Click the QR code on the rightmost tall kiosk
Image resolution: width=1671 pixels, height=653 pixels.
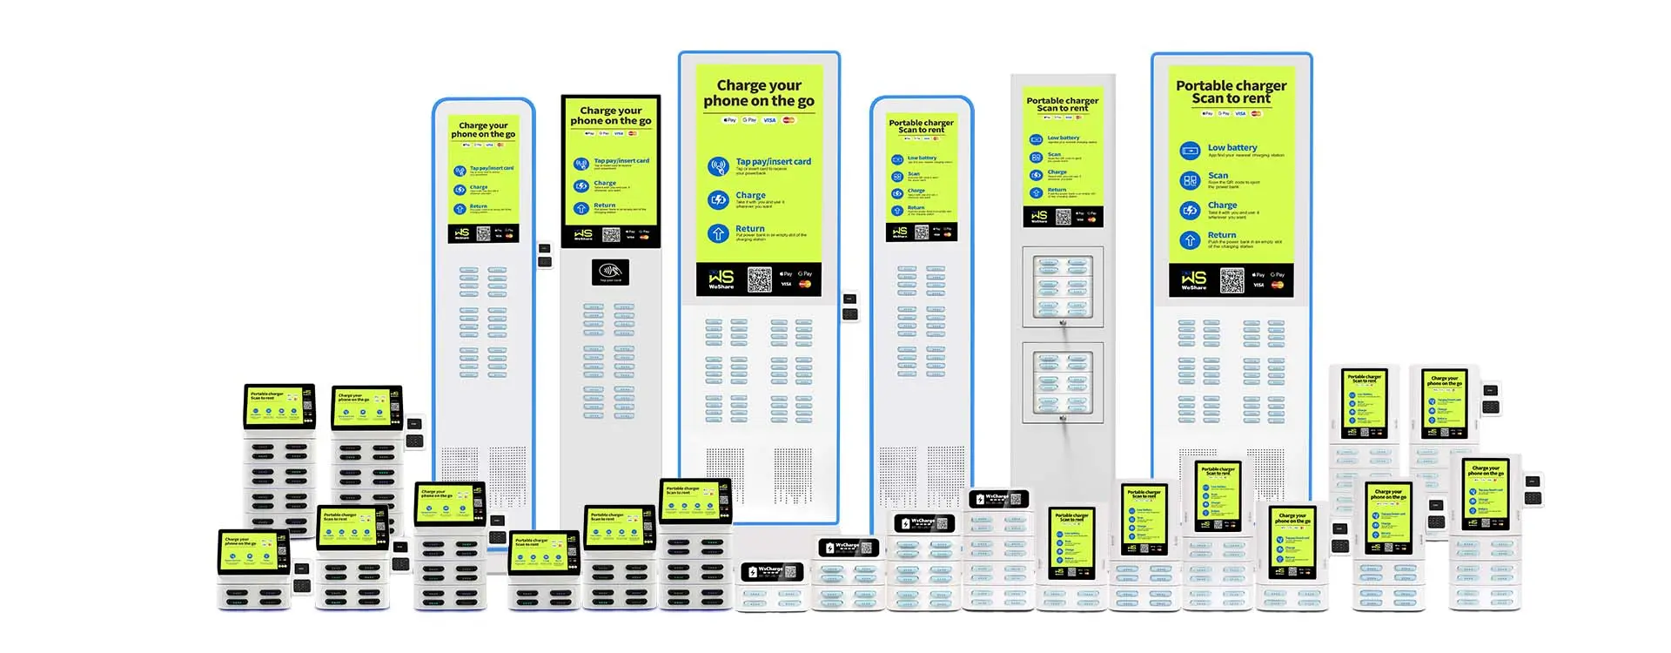coord(1231,280)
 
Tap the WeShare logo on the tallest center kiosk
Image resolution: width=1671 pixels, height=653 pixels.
coord(721,279)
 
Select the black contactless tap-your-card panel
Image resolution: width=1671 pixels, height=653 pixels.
coord(610,273)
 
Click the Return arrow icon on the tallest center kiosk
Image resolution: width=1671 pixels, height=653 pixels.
coord(718,233)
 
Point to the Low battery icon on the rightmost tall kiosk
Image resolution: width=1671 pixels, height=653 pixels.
coord(1190,151)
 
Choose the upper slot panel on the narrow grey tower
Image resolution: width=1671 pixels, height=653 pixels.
coord(1063,286)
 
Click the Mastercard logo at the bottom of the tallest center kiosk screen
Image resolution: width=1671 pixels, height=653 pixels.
coord(805,284)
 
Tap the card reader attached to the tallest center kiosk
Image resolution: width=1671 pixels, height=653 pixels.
coord(849,307)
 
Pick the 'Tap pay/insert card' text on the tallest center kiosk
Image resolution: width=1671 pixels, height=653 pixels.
coord(773,161)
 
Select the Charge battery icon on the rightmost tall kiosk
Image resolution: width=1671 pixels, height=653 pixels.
coord(1190,210)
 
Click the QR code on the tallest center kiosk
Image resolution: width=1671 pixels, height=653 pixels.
coord(759,279)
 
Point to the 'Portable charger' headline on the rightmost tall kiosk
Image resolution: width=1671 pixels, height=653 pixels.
coord(1231,85)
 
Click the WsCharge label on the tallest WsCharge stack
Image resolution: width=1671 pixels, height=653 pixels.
coord(997,499)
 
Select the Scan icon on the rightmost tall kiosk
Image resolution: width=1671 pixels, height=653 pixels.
coord(1190,180)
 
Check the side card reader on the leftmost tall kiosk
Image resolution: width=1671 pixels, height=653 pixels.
coord(545,254)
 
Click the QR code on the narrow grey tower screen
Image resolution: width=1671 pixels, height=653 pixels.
coord(1063,217)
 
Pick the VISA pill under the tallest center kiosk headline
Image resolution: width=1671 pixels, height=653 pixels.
coord(769,120)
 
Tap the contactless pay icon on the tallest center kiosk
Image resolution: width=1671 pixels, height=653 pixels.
coord(718,166)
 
